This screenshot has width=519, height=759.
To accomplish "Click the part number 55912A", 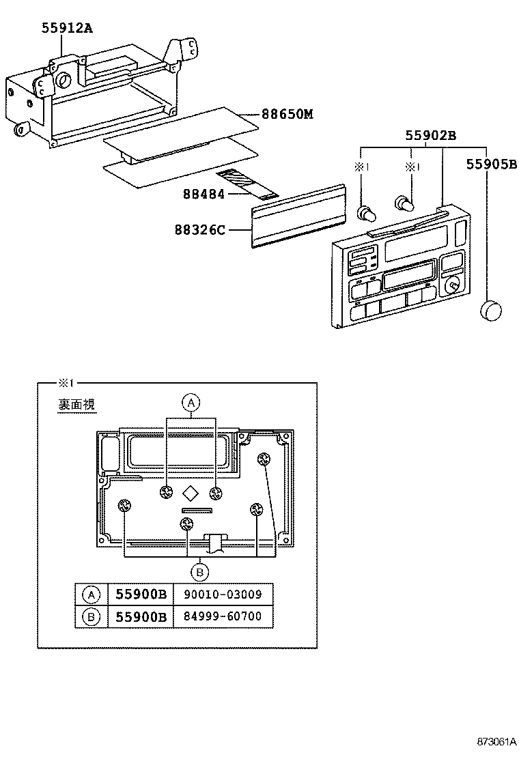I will (66, 28).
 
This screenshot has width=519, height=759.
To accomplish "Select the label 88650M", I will (287, 114).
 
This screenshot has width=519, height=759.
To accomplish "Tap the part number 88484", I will (204, 194).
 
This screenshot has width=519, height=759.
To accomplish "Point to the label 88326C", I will (202, 230).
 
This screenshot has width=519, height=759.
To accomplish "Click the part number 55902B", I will (430, 135).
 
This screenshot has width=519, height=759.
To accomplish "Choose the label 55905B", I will (492, 164).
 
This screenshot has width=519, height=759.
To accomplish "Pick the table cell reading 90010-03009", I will (223, 595).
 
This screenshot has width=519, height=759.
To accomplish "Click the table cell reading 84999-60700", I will (223, 617).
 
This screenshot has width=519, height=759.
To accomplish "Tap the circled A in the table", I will (90, 595).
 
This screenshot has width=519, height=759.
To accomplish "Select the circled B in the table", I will (90, 617).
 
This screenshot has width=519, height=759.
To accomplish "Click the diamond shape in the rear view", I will (192, 493).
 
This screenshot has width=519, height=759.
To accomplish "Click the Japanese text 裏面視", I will (76, 405).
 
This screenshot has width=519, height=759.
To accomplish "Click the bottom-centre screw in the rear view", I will (187, 524).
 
